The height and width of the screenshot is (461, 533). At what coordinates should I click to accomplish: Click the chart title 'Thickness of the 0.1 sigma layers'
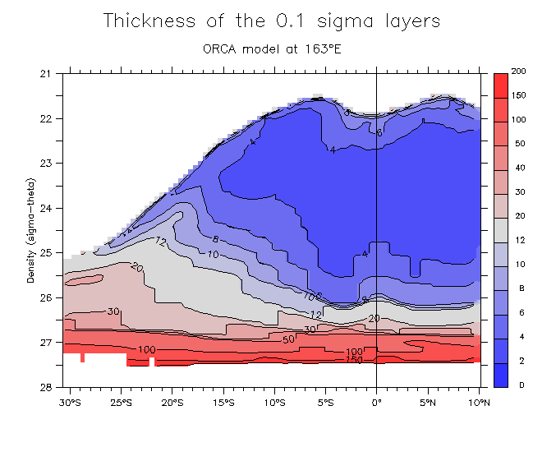[271, 22]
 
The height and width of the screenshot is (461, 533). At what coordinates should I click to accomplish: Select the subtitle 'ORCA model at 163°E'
[271, 48]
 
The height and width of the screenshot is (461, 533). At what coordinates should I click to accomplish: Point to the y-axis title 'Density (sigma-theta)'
[31, 229]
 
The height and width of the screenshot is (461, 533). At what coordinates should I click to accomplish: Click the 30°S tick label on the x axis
[71, 403]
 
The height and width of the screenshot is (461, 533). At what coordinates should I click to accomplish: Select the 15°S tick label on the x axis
[223, 403]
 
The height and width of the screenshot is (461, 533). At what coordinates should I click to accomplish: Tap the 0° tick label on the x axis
[376, 403]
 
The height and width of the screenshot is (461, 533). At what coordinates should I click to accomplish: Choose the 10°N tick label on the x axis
[479, 403]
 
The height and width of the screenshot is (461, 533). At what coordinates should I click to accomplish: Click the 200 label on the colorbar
[518, 72]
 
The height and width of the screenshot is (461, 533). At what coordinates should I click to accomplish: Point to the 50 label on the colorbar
[518, 144]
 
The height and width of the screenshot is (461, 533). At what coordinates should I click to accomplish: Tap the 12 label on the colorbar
[518, 240]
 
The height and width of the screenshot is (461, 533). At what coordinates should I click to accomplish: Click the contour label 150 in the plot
[353, 360]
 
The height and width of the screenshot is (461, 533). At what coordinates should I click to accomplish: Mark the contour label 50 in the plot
[288, 339]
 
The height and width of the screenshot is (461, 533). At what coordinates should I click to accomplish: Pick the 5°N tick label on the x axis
[428, 403]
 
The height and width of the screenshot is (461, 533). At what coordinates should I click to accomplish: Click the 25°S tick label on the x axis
[122, 403]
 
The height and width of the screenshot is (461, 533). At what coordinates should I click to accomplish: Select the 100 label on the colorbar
[518, 120]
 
